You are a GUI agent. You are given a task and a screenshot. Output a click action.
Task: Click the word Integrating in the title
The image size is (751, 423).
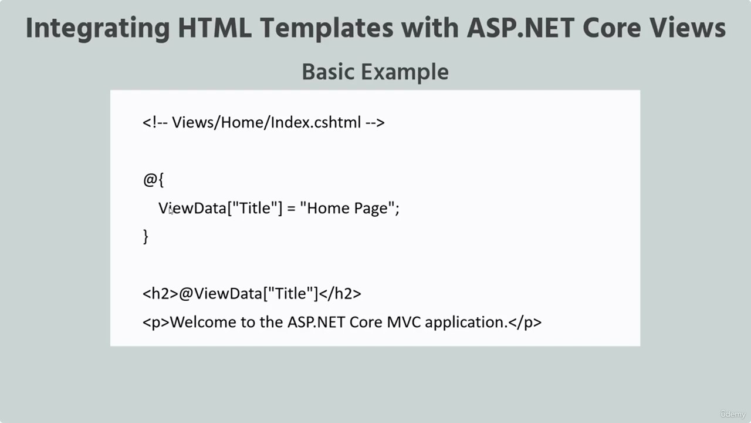(x=97, y=29)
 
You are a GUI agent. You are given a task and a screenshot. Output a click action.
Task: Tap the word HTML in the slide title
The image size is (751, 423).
(x=215, y=28)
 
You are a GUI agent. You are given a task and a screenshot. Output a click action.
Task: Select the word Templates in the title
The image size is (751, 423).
(x=327, y=29)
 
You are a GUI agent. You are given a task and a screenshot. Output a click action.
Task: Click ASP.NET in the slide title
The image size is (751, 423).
(x=520, y=28)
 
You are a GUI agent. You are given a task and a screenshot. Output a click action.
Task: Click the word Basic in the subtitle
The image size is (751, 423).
(x=328, y=72)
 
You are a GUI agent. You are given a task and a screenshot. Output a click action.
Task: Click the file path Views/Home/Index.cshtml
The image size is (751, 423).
(x=266, y=122)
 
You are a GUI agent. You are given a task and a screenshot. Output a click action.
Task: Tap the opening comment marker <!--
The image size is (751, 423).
(x=155, y=123)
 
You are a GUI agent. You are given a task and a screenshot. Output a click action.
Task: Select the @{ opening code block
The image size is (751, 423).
(x=153, y=180)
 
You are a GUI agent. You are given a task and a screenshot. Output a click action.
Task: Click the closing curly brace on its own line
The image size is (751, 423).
(x=146, y=237)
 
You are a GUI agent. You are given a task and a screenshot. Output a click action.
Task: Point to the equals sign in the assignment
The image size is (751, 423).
(x=291, y=209)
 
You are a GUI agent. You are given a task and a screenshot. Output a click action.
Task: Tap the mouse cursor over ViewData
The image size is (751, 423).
(x=171, y=210)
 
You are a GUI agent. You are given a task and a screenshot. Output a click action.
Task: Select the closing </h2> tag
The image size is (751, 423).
(x=340, y=294)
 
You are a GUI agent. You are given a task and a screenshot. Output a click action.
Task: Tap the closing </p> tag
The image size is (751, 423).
(x=525, y=323)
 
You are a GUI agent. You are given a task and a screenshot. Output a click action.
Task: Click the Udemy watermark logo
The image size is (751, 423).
(x=733, y=414)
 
